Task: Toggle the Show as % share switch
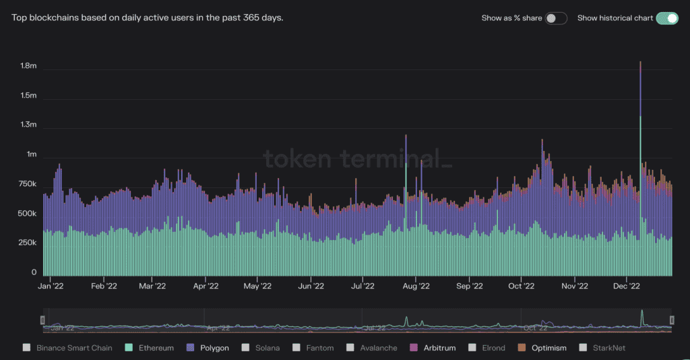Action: (556, 18)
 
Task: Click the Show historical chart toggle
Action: (666, 18)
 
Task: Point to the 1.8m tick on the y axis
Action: (28, 67)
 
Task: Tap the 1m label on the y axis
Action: (32, 154)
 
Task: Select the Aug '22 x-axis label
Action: (416, 286)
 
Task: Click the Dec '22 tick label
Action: (627, 286)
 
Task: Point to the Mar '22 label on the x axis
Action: (152, 286)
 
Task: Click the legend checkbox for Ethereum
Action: (128, 348)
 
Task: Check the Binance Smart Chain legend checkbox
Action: (26, 348)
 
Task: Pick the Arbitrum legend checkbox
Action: (413, 348)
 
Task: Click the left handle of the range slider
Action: (42, 320)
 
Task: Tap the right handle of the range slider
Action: (672, 320)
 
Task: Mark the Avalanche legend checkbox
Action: (350, 348)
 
